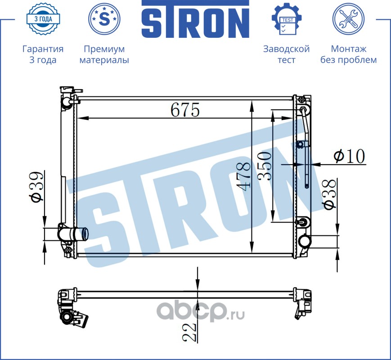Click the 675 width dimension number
click(x=185, y=109)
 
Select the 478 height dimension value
click(x=243, y=177)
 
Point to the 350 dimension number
click(x=265, y=166)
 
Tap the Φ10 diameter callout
click(x=349, y=156)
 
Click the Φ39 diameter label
click(x=36, y=186)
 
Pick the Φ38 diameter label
click(x=330, y=194)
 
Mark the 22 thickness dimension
click(x=189, y=332)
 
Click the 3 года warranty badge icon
click(x=43, y=19)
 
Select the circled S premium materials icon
click(x=104, y=19)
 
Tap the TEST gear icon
click(x=287, y=19)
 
